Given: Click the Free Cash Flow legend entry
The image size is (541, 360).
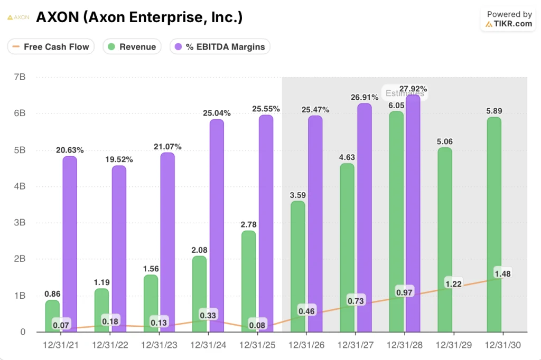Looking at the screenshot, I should (51, 46).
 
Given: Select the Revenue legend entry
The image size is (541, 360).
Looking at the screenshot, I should (132, 46).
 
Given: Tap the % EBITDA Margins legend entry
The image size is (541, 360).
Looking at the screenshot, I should (220, 46).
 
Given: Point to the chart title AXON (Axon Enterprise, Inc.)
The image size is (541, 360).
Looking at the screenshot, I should (139, 17).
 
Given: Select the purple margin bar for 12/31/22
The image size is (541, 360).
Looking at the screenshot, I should (119, 248).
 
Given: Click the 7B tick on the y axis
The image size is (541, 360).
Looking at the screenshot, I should (20, 77).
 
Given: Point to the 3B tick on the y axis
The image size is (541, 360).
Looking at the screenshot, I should (20, 223).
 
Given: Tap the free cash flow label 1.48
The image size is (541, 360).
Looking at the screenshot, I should (503, 273).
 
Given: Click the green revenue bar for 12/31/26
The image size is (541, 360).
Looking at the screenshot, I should (298, 267).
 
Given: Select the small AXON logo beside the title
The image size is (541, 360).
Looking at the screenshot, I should (18, 17).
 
